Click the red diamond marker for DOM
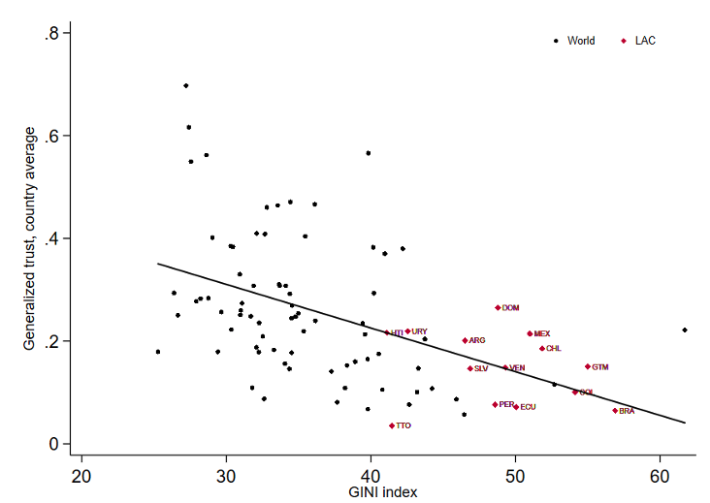click(x=498, y=307)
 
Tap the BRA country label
click(x=627, y=411)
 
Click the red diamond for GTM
click(x=587, y=366)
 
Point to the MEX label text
click(x=541, y=333)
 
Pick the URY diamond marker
click(x=407, y=331)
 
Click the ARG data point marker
click(x=465, y=340)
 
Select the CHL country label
click(x=553, y=348)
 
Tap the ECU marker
click(x=516, y=407)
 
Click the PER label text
click(x=506, y=404)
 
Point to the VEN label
click(x=517, y=367)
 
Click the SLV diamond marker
click(x=470, y=368)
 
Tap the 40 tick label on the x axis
click(x=371, y=478)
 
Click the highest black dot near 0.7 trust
click(x=185, y=85)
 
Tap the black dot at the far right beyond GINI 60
click(x=685, y=330)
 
